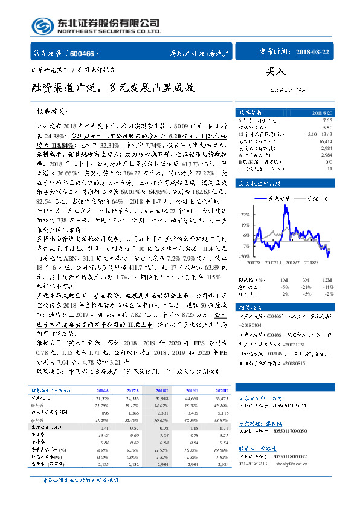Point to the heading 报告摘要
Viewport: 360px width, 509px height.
pos(52,112)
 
